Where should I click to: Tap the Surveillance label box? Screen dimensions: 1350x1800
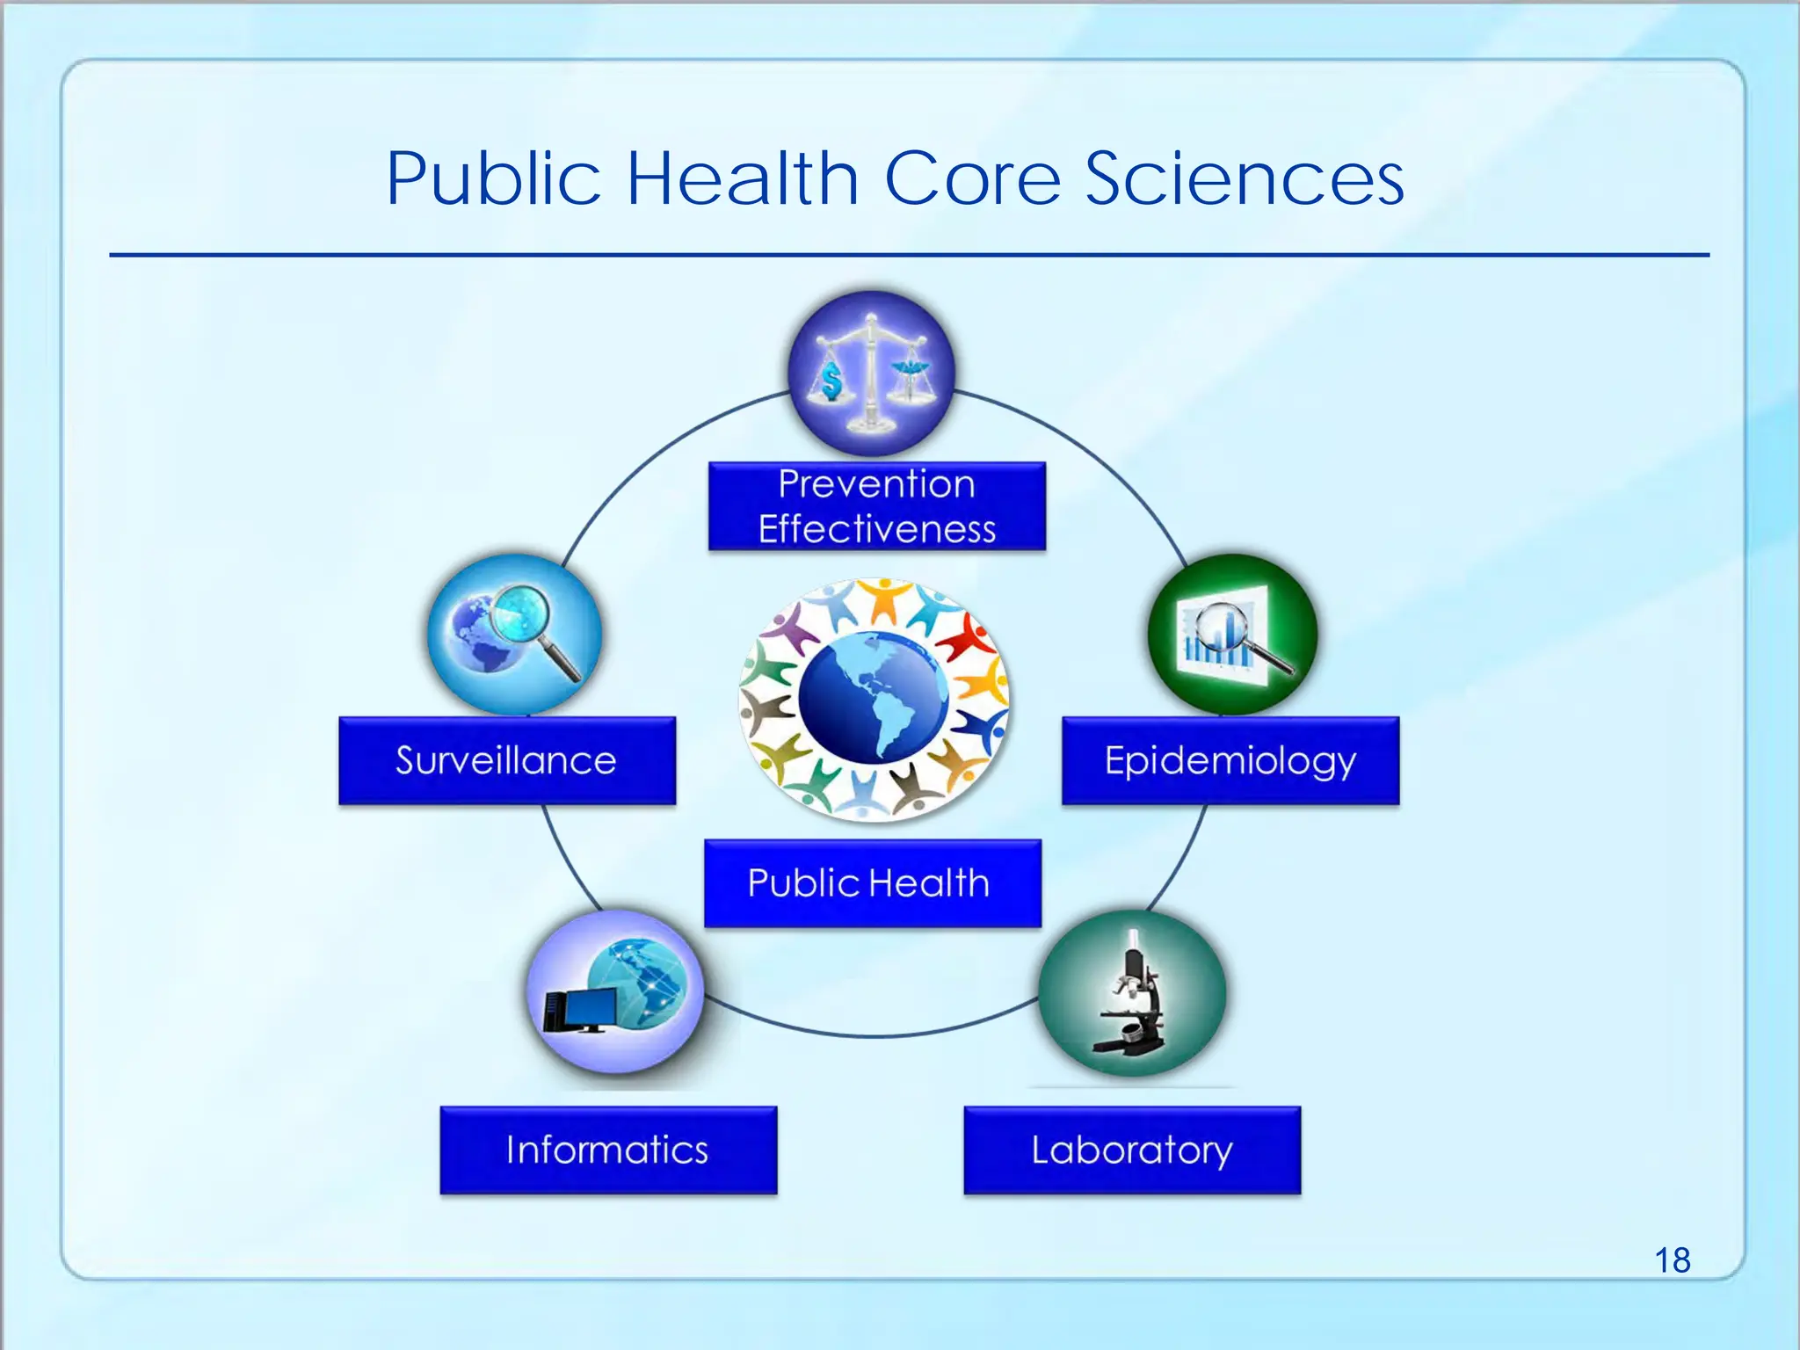click(x=507, y=760)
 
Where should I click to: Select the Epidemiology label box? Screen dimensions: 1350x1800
click(x=1230, y=760)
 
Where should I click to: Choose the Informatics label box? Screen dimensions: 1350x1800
click(x=608, y=1150)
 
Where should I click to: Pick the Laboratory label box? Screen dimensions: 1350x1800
click(x=1132, y=1150)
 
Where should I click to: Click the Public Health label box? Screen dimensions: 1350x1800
click(x=872, y=882)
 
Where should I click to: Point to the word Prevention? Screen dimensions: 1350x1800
click(x=876, y=484)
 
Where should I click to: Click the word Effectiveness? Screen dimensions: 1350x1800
click(x=876, y=529)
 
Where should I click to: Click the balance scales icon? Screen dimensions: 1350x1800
click(x=870, y=373)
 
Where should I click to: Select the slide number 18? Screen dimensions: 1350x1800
click(x=1672, y=1260)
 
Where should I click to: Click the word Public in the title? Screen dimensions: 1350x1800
click(x=493, y=178)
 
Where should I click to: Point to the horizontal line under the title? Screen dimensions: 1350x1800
click(x=909, y=255)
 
